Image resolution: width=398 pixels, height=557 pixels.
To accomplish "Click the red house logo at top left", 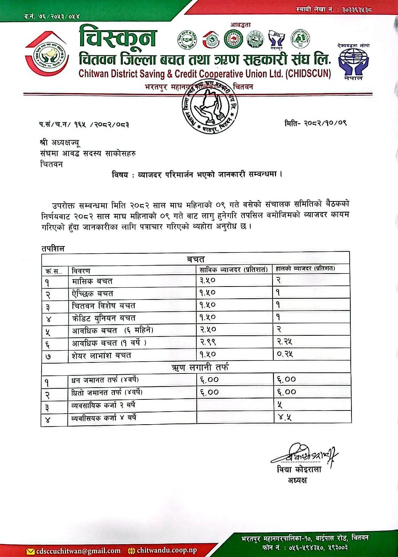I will (x=47, y=55).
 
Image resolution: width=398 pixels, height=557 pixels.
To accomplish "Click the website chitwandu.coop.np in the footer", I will (x=167, y=550).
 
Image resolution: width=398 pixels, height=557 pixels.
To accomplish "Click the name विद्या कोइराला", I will (x=299, y=469).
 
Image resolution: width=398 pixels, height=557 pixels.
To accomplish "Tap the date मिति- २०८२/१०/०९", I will (x=315, y=123).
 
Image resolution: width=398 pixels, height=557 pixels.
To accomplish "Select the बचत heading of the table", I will (x=196, y=259).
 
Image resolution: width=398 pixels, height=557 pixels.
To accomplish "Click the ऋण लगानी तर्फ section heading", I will (x=200, y=367).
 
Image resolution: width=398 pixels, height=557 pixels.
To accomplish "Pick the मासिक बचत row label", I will (x=92, y=281).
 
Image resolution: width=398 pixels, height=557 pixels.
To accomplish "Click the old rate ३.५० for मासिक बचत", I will (x=208, y=280).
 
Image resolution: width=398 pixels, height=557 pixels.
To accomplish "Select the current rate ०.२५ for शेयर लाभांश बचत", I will (x=285, y=354).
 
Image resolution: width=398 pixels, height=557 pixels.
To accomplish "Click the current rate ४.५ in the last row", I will (x=284, y=417).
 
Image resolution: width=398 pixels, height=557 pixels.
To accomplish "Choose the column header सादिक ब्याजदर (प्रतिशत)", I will (x=233, y=269).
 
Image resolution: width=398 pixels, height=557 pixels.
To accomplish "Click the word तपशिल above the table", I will (x=53, y=248).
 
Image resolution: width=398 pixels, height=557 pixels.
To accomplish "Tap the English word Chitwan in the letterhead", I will (x=94, y=74).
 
